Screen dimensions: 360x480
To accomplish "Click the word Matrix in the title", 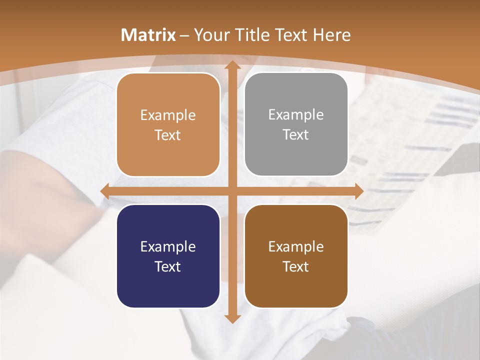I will (x=148, y=35).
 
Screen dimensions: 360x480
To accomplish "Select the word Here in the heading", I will (x=331, y=35).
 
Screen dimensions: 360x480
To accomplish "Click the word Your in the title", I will (x=209, y=35).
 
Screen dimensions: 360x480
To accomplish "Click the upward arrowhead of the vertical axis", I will (x=232, y=65).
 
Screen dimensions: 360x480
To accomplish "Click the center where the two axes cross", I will (x=232, y=191).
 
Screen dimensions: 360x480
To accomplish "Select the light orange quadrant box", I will (x=168, y=125).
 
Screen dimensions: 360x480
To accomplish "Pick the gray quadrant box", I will (x=296, y=125).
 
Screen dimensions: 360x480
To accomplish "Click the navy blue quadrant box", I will (x=168, y=256).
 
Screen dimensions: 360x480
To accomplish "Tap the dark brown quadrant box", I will (x=296, y=256).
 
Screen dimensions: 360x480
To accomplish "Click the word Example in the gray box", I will (x=296, y=115).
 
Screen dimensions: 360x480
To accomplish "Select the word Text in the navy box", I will (x=168, y=266).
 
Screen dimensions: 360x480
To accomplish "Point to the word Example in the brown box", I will (x=296, y=246).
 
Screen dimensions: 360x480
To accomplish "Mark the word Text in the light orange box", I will (x=168, y=135).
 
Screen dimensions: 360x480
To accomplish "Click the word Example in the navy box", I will (x=168, y=246).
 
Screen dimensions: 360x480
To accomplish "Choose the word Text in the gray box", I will (x=296, y=135).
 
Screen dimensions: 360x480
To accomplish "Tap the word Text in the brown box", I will (x=296, y=266).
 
